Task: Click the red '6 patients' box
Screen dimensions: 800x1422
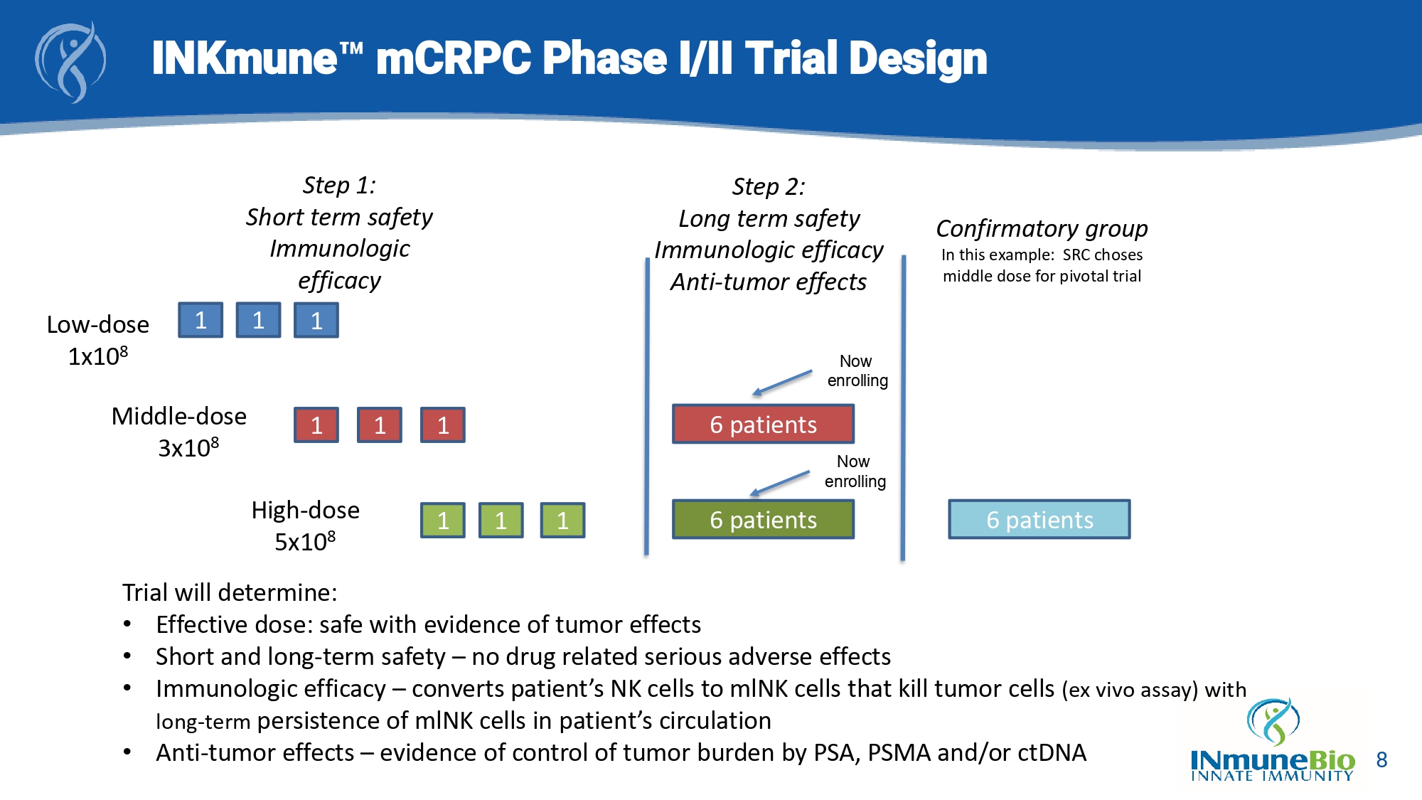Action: click(x=763, y=425)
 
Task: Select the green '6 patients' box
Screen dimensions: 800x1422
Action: click(x=763, y=520)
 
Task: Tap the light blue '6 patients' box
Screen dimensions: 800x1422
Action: click(x=1039, y=520)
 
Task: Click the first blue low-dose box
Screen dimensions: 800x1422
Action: click(x=201, y=320)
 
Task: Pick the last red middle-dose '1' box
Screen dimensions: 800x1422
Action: click(x=442, y=425)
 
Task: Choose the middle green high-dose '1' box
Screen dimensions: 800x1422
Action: click(x=501, y=521)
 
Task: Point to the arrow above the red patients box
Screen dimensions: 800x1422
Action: click(x=782, y=383)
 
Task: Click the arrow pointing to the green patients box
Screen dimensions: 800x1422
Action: click(x=780, y=484)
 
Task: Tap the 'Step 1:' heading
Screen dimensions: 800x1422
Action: click(x=339, y=186)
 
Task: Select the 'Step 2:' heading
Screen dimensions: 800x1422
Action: click(x=769, y=187)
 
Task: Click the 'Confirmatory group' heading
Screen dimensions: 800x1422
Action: click(x=1042, y=229)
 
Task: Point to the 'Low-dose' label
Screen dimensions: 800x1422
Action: click(x=98, y=325)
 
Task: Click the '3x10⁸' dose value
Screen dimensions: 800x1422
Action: click(x=188, y=448)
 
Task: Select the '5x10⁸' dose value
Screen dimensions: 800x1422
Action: click(x=305, y=542)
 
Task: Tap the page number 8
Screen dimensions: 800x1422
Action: click(x=1381, y=760)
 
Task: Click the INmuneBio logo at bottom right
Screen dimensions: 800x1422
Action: click(x=1273, y=743)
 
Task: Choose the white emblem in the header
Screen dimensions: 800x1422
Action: click(x=71, y=63)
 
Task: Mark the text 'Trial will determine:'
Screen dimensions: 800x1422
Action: click(x=230, y=592)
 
